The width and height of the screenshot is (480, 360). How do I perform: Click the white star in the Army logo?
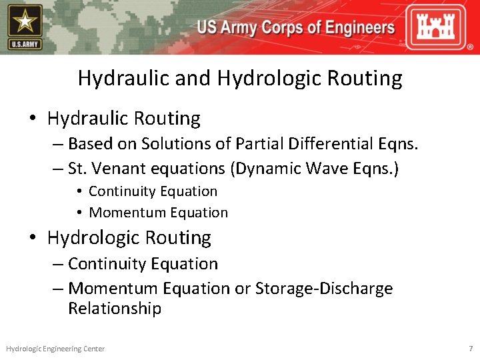[x=25, y=22]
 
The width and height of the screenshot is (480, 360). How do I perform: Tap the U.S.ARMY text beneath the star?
[x=25, y=45]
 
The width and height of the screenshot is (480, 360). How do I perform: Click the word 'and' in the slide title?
[x=196, y=79]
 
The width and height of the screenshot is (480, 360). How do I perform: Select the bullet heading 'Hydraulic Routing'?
[x=123, y=119]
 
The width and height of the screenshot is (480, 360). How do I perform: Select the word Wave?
[x=327, y=168]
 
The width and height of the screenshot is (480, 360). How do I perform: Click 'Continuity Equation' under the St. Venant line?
[x=153, y=191]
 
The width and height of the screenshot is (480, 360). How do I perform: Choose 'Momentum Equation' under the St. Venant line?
[x=158, y=213]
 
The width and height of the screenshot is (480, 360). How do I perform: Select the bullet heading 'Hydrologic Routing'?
[x=129, y=238]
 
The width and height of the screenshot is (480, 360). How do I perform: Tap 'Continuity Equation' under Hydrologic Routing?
[x=143, y=264]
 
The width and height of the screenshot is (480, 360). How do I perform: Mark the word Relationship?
[x=115, y=309]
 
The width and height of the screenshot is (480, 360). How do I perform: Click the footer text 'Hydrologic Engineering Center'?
[x=55, y=349]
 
